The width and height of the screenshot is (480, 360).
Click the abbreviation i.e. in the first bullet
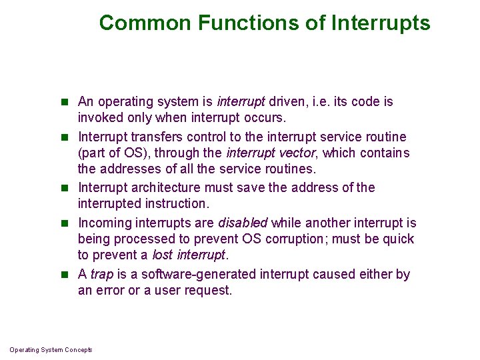321,102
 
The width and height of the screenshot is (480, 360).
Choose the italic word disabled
243,223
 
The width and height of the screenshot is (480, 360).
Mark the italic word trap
102,274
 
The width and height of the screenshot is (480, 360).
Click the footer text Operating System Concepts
51,350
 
